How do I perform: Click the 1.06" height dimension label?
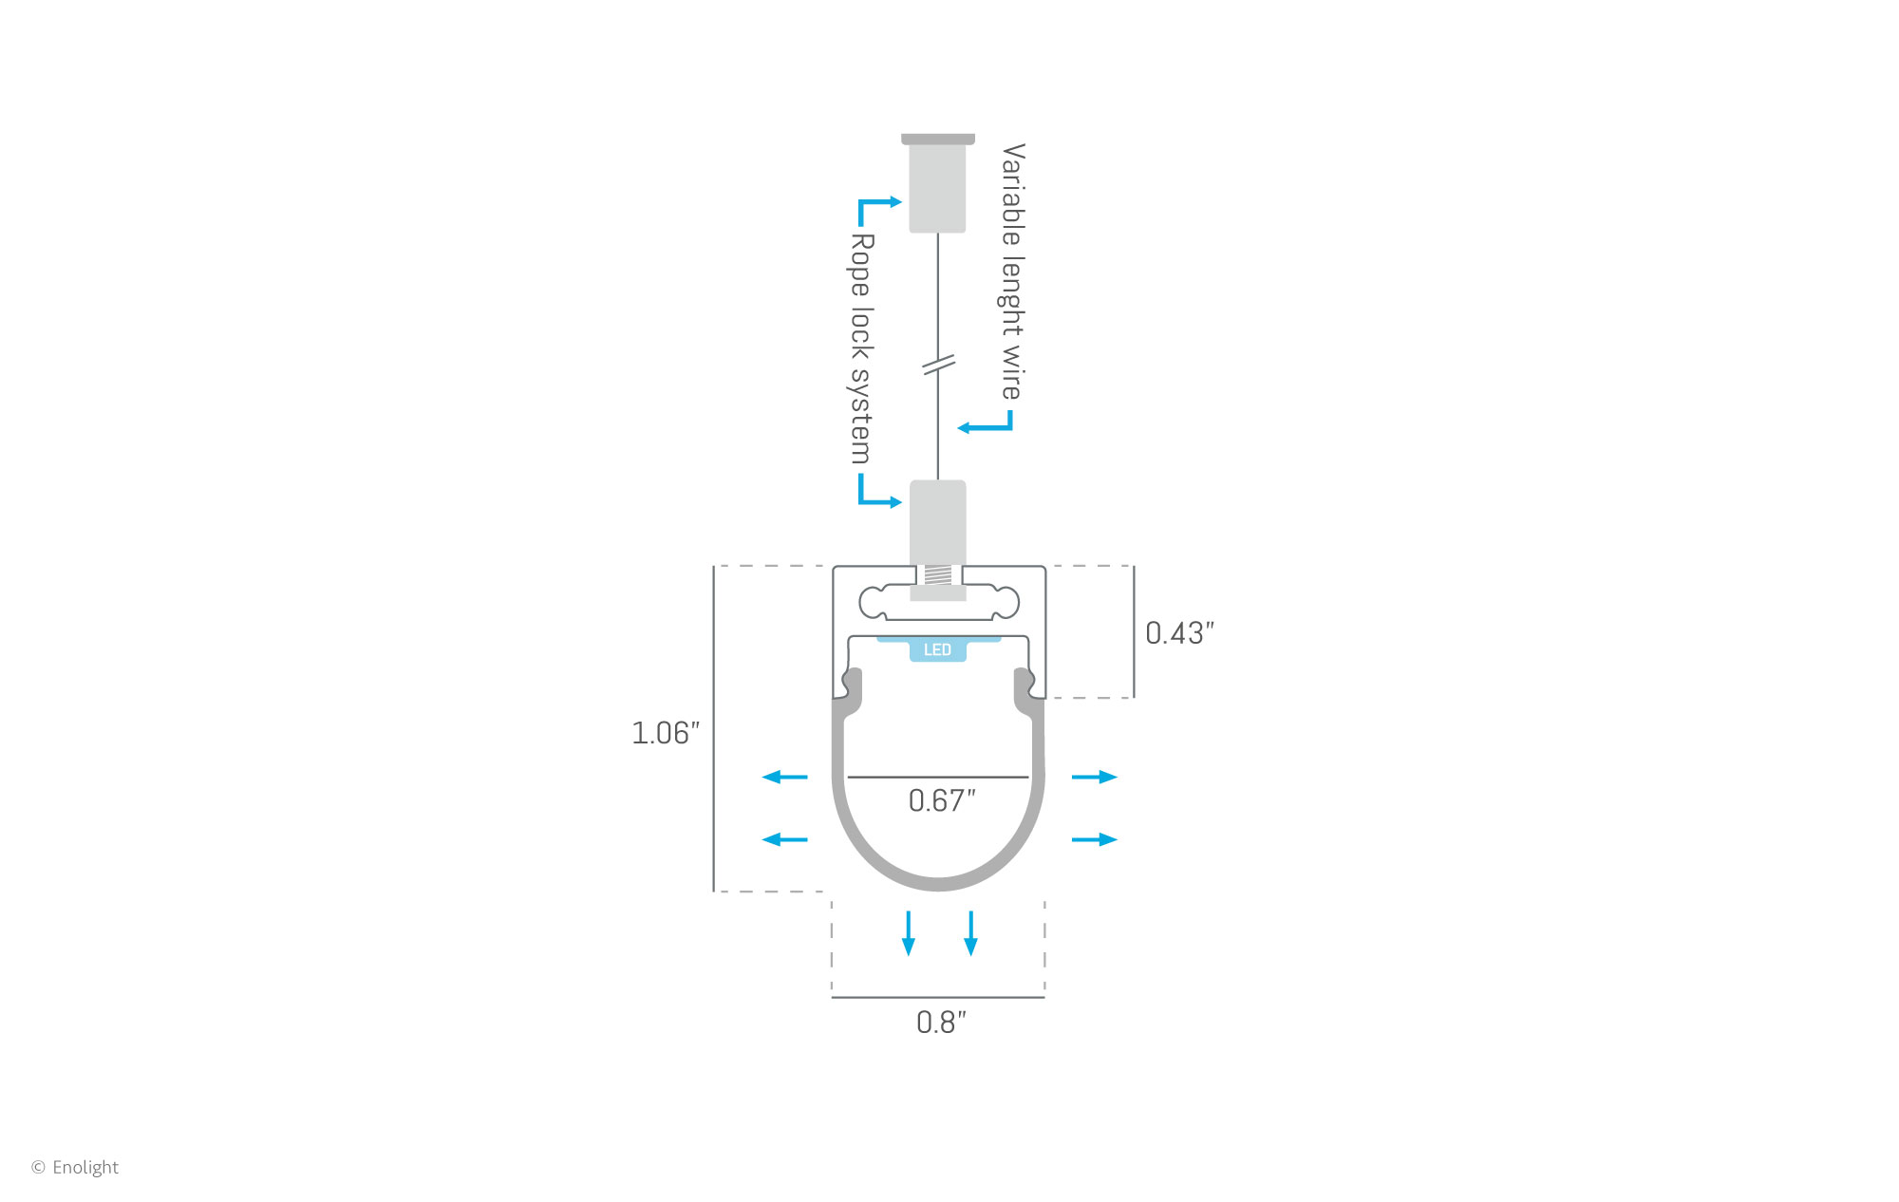666,733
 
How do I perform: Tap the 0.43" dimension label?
1179,633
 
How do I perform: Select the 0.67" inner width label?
942,800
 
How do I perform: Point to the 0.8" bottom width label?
941,1023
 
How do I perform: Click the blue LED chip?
938,648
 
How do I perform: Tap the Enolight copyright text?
75,1167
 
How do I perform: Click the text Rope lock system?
861,348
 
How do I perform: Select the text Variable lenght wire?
1013,272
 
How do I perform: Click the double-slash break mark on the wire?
939,364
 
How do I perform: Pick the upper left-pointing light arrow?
784,777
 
